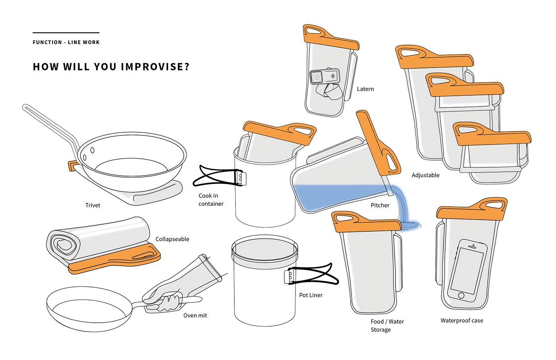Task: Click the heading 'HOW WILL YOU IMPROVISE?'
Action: click(111, 66)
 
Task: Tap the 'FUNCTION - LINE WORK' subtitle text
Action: click(66, 42)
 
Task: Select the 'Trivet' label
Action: click(93, 205)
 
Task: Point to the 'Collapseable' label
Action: click(172, 239)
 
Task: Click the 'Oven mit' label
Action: click(195, 315)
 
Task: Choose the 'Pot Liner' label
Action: click(311, 295)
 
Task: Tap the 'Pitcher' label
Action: click(380, 205)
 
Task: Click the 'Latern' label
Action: click(365, 89)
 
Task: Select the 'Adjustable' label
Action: click(425, 175)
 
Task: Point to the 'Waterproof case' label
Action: click(461, 320)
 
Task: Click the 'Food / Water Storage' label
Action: click(387, 325)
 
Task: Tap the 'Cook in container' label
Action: click(211, 199)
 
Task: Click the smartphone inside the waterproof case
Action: click(467, 271)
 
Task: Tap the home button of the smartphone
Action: click(461, 296)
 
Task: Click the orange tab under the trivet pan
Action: click(72, 166)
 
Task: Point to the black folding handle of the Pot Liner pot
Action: click(313, 275)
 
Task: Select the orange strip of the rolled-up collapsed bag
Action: click(114, 260)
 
